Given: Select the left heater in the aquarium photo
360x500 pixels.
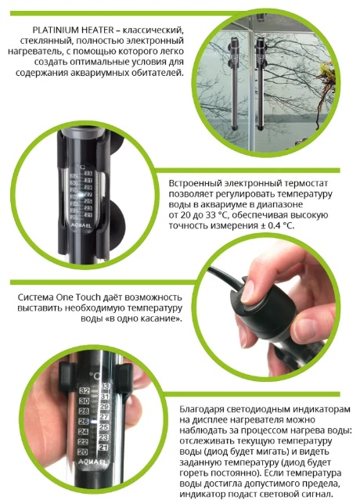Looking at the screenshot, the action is [x=234, y=83].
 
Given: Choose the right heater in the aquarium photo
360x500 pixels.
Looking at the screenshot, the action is [x=261, y=84].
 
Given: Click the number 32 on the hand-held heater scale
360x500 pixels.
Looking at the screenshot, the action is [x=85, y=391].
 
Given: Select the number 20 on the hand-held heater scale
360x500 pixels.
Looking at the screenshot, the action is [x=83, y=451].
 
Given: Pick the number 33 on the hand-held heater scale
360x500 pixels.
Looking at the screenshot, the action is [x=105, y=387].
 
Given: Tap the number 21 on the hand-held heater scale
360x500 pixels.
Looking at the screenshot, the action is [x=103, y=447].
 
